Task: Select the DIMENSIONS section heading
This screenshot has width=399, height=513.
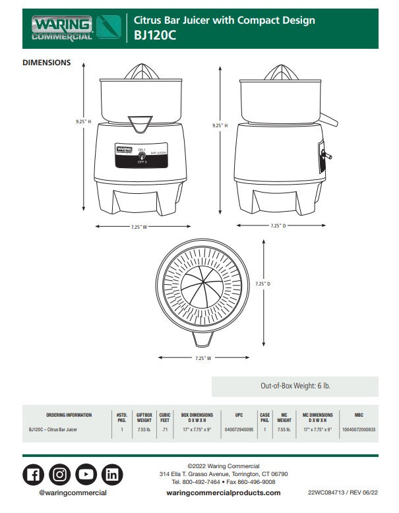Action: (47, 63)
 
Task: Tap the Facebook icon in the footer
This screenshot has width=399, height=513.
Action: (34, 474)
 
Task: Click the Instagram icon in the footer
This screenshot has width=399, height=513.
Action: (60, 474)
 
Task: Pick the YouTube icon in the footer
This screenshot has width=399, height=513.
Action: (86, 474)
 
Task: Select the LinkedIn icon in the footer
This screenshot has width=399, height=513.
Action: (113, 474)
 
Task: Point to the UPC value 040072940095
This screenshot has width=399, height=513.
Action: (239, 429)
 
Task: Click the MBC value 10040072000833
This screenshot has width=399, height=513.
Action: (358, 429)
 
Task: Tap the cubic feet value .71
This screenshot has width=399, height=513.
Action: (165, 429)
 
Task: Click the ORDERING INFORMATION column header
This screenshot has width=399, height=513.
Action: (69, 415)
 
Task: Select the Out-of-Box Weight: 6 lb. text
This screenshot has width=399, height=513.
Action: (294, 386)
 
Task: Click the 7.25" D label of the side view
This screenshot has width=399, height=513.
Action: (278, 226)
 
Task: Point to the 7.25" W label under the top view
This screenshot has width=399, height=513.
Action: (204, 358)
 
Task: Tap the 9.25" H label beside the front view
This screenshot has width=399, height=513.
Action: (82, 121)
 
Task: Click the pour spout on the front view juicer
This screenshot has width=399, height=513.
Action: (140, 122)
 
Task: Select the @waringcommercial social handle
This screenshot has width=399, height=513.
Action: (73, 493)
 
